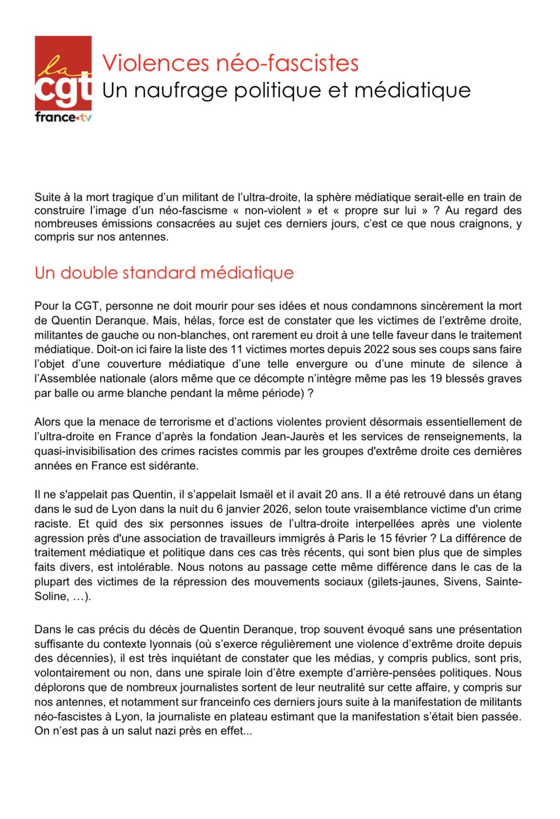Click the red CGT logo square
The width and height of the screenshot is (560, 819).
(63, 73)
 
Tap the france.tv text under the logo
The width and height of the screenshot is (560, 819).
(63, 118)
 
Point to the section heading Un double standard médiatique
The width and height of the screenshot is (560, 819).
(164, 273)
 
